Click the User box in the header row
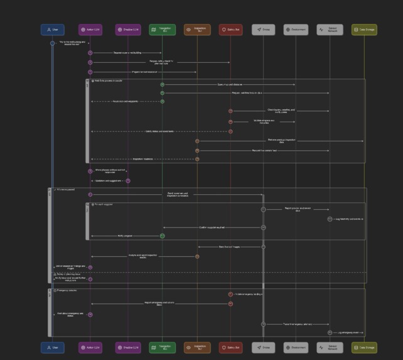tap(53, 30)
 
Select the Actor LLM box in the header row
tap(90, 30)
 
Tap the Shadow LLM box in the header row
tap(128, 30)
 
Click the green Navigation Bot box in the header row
tap(163, 30)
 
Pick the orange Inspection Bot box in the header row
tap(197, 30)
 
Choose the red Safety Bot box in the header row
tap(230, 30)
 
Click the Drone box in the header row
tap(264, 30)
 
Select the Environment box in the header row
tap(295, 30)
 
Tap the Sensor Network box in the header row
tap(330, 30)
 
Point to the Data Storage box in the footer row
tap(364, 347)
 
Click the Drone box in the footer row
tap(264, 347)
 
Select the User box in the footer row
tap(53, 347)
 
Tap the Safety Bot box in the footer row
tap(230, 347)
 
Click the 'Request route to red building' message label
tap(126, 53)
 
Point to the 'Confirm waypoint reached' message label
tap(212, 227)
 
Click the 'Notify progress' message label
tap(125, 236)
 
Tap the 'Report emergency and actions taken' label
tap(159, 303)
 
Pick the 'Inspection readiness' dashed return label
tap(142, 159)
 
